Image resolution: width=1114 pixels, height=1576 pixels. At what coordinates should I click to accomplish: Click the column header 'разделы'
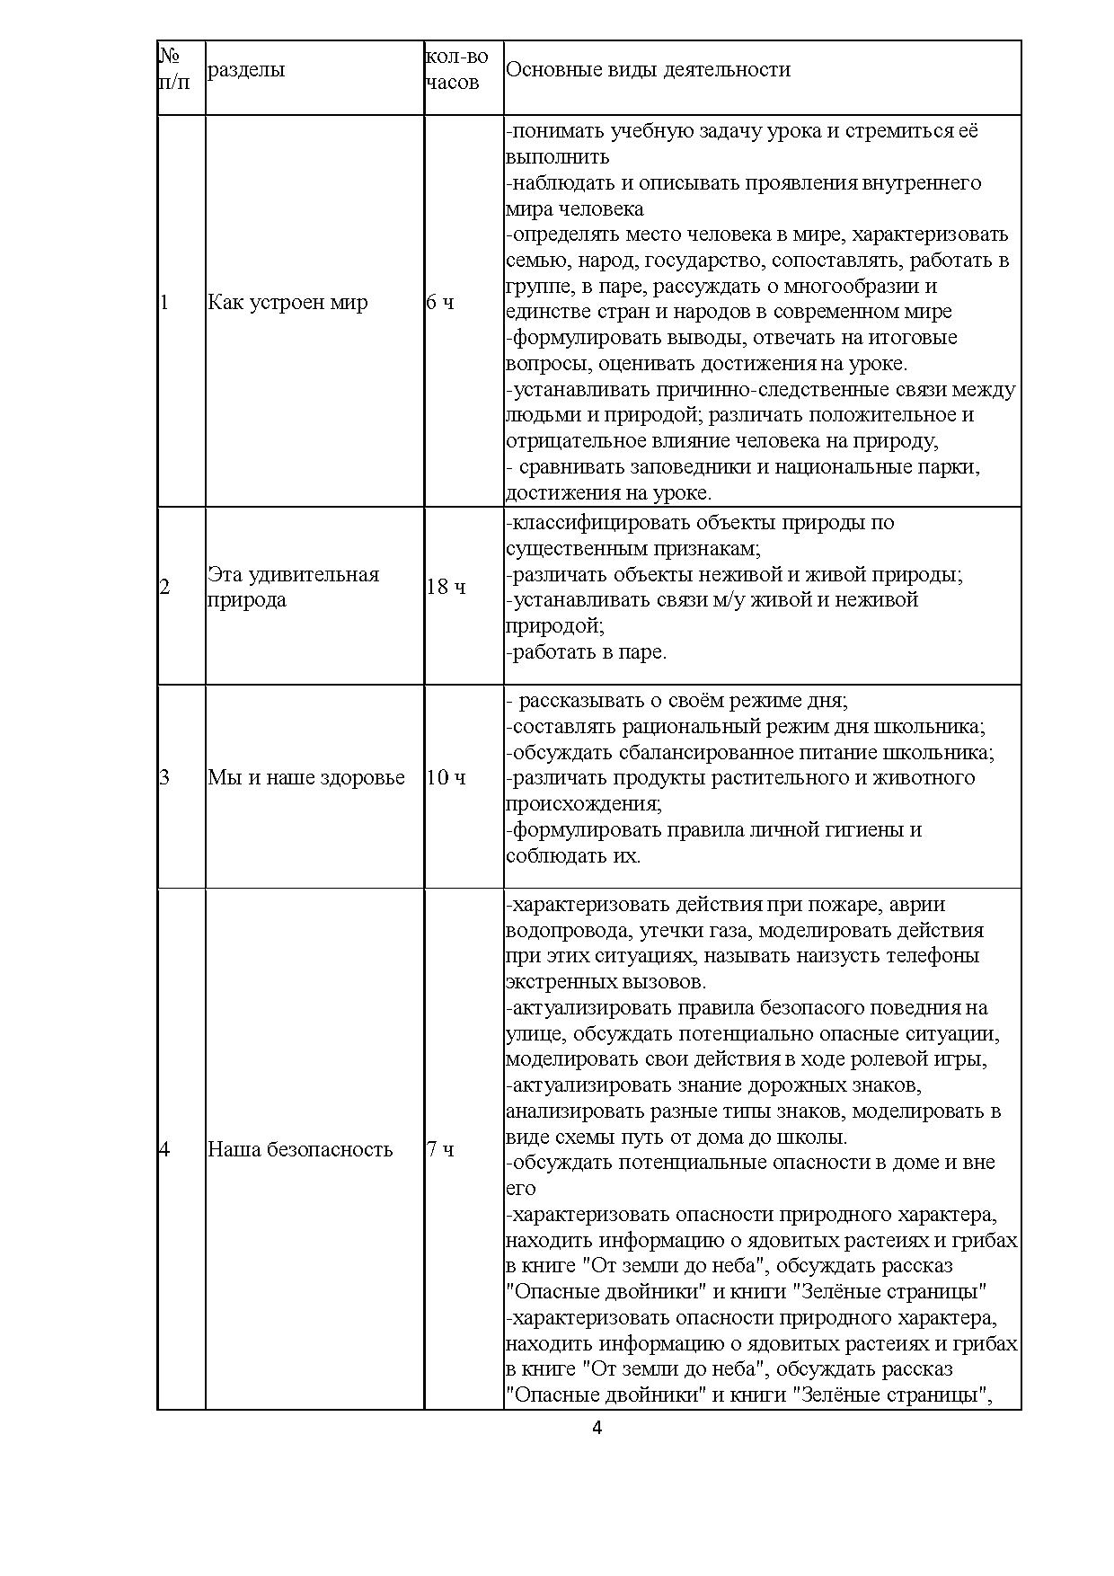point(246,70)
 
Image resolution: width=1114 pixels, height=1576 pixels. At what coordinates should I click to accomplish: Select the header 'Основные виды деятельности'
point(648,70)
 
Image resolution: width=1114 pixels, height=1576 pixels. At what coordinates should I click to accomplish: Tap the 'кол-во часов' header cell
point(456,69)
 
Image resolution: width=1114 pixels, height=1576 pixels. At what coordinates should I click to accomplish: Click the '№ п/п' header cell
point(174,69)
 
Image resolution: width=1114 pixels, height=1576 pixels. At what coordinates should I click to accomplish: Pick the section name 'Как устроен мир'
point(287,302)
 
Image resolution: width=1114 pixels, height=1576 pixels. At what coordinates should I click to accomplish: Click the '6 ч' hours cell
point(440,302)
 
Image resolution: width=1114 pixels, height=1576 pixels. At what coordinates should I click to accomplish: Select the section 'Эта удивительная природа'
point(293,587)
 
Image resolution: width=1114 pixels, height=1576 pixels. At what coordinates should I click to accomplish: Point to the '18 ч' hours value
point(446,588)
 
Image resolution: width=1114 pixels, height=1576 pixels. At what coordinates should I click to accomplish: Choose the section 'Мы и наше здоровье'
point(306,777)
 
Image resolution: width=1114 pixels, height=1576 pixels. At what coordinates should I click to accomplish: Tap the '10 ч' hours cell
point(446,777)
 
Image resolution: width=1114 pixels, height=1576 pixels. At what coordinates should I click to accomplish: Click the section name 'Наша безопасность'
point(300,1149)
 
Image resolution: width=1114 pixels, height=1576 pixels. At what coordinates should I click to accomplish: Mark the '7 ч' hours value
point(440,1149)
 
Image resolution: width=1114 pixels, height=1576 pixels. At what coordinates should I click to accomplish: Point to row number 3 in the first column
point(164,777)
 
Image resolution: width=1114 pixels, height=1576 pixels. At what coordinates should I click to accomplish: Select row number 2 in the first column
point(164,588)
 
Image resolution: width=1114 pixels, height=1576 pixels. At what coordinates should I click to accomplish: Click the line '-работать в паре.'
point(587,651)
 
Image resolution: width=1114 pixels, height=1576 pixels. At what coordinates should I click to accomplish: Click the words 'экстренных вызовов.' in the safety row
point(606,981)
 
